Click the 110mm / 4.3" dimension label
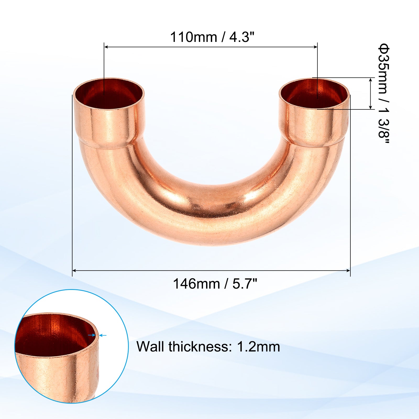point(212,37)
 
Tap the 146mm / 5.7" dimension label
point(215,284)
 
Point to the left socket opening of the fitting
point(109,93)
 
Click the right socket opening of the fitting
point(314,93)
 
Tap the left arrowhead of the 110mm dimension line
point(106,47)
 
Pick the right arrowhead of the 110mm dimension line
point(315,47)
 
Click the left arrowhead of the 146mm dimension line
point(75,271)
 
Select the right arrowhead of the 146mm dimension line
point(348,271)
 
